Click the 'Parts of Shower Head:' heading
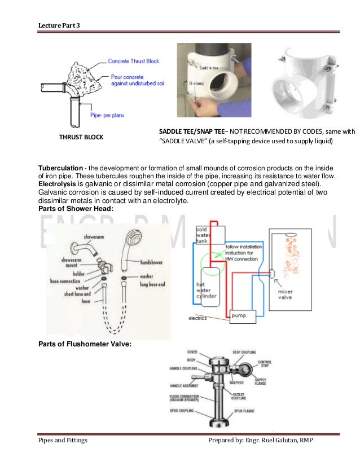76,209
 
